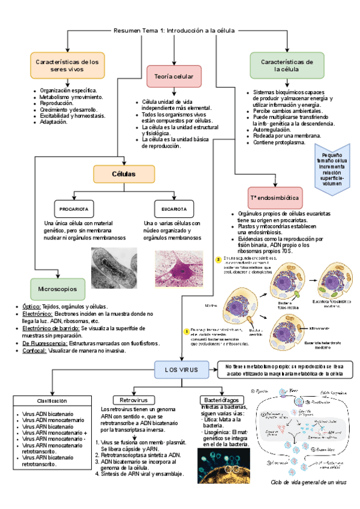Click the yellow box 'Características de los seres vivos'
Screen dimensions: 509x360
[67, 65]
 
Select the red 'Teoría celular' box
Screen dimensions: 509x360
[173, 76]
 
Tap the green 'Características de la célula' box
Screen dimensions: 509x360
[286, 65]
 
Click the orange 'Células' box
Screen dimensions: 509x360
[124, 174]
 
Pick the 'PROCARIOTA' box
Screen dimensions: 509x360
[74, 209]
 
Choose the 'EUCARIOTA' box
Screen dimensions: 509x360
[173, 209]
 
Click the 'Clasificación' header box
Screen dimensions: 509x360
[52, 400]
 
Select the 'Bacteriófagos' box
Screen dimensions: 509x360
[221, 400]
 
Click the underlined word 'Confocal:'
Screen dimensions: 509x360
[35, 351]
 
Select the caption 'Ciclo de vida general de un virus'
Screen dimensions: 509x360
[308, 482]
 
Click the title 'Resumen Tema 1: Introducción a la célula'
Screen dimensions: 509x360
[174, 30]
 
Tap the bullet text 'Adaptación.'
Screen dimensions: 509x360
[53, 122]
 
